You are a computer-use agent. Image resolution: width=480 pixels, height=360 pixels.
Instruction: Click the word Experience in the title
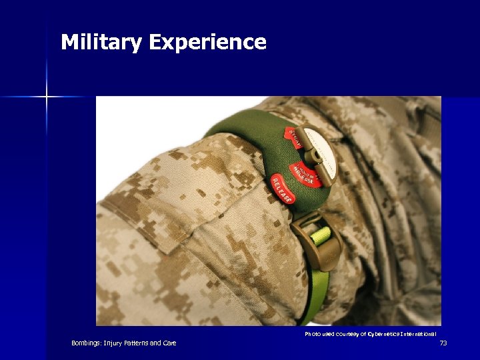tap(207, 43)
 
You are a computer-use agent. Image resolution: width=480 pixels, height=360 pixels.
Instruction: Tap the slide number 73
tap(443, 343)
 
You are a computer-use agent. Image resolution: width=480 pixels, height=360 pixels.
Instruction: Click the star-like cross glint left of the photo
tap(47, 97)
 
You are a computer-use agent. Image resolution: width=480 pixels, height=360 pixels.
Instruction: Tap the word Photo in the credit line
tap(313, 333)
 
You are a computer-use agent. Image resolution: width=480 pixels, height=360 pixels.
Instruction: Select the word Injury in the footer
tap(111, 343)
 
